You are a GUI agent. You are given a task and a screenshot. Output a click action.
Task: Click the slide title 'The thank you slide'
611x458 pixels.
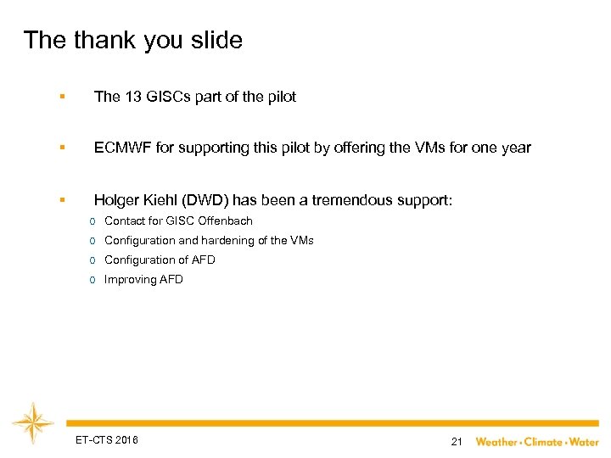click(x=133, y=40)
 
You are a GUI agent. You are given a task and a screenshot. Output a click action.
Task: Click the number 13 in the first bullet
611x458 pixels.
click(x=132, y=97)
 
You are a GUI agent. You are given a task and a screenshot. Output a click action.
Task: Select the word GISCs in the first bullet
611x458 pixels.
click(x=169, y=97)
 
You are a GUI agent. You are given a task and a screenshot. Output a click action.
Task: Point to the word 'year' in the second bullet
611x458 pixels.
click(x=515, y=148)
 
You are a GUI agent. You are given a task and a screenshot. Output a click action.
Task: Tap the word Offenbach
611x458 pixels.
click(x=226, y=221)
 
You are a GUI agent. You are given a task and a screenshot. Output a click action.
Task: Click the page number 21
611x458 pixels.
click(x=457, y=442)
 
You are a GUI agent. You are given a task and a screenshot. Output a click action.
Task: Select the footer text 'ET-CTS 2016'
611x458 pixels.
click(x=106, y=439)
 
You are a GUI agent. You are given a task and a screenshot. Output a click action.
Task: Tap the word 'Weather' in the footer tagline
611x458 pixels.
click(x=497, y=442)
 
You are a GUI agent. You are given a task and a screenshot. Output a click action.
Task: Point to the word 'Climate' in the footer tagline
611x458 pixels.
click(x=543, y=442)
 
